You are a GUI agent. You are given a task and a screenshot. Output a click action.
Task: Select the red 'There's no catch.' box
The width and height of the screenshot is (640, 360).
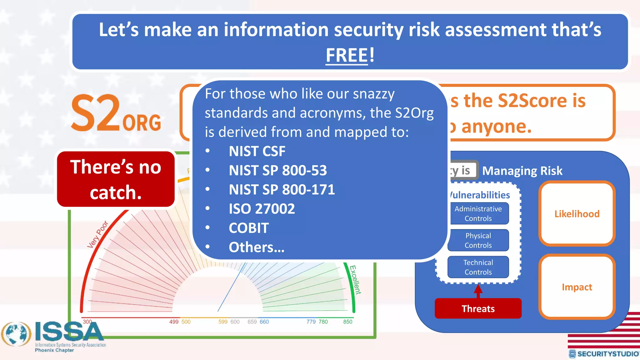coord(116,179)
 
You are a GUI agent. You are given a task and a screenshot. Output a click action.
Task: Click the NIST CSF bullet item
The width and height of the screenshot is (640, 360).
coord(257,151)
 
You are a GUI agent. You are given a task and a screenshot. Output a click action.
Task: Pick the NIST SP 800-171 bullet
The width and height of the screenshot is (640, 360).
coord(282,190)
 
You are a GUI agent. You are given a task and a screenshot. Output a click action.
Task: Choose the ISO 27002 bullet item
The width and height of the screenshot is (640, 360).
coord(262,209)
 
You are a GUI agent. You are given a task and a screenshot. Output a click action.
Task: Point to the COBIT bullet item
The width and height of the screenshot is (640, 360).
coord(248,228)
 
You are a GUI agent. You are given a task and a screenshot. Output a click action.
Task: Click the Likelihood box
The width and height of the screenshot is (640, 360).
coord(577,214)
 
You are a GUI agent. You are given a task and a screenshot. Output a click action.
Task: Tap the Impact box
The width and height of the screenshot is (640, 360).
coord(577,287)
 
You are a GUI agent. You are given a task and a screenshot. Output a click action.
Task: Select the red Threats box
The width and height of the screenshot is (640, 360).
coord(478,308)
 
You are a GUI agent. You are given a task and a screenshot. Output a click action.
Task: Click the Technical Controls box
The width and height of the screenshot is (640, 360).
coord(478,267)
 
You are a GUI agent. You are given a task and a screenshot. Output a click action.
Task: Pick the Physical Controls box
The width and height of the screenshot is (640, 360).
coord(478,240)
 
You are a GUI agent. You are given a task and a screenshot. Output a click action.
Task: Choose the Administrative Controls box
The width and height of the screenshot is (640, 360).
coord(478,213)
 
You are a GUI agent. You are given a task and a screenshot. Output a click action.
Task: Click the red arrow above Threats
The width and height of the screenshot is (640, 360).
coord(478,291)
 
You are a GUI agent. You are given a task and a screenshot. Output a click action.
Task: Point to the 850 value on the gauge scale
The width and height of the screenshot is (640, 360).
coord(347,322)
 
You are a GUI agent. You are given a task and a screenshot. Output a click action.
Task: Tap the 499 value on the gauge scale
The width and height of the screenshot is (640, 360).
coord(174,322)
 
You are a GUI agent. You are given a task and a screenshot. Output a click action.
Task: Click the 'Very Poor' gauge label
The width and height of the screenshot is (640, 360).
coord(97,234)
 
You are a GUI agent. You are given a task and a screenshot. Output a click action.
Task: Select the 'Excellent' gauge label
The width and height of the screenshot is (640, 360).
coord(355,280)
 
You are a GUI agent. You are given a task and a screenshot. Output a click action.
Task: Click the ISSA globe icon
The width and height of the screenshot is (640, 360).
coord(16,334)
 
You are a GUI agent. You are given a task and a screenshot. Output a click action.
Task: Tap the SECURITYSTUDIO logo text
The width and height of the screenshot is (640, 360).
coord(608,354)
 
